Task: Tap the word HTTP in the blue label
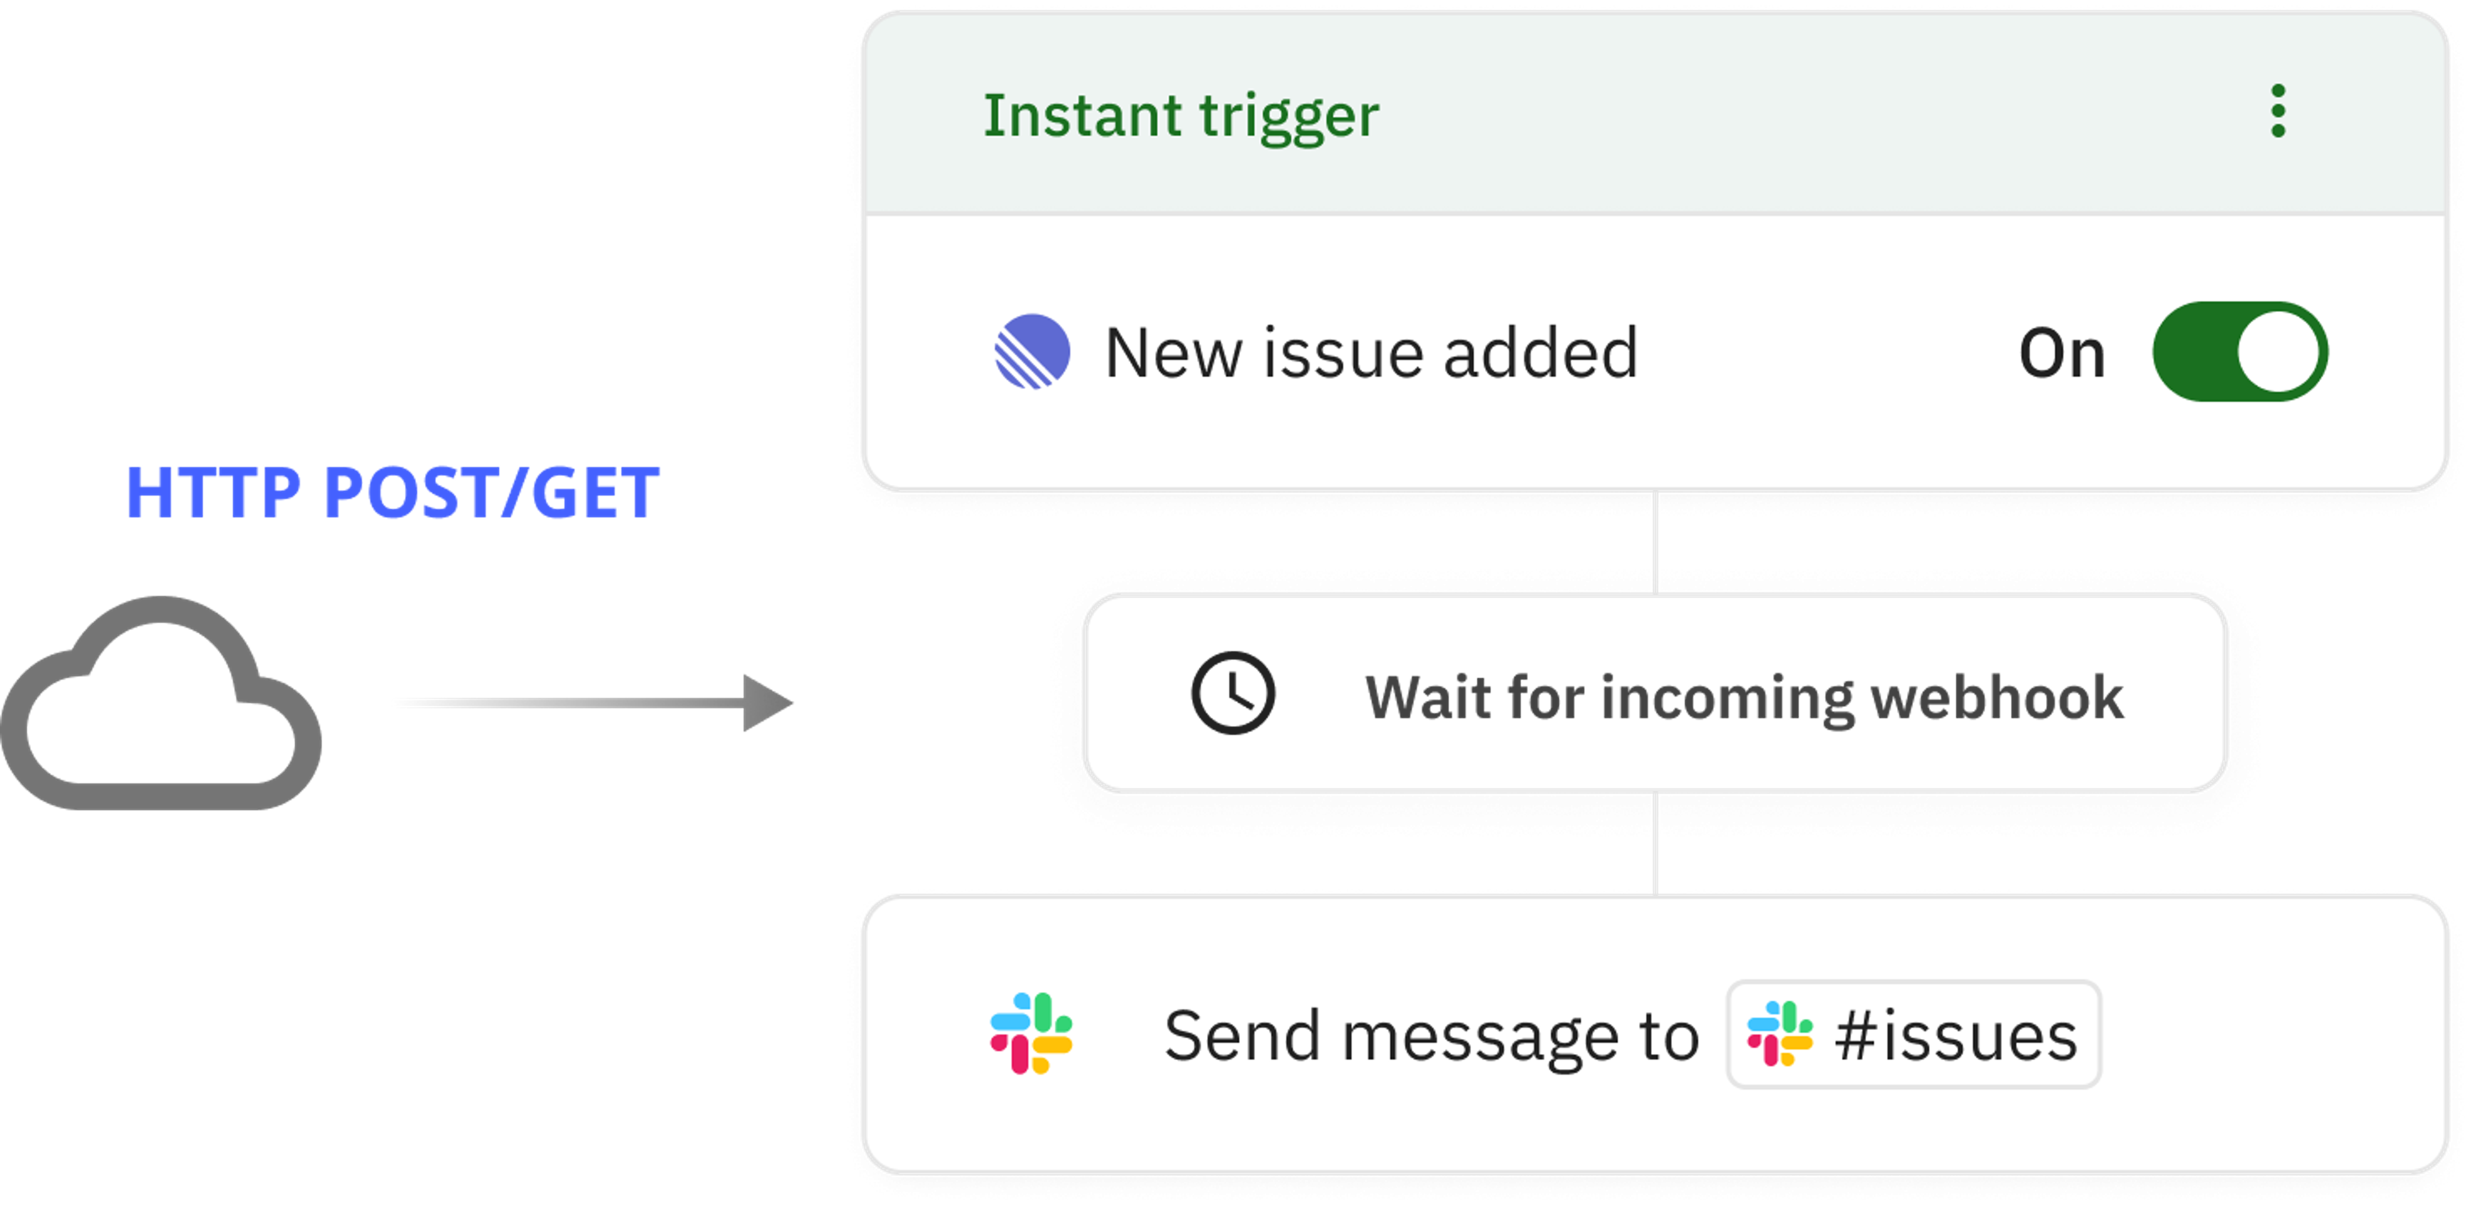(213, 493)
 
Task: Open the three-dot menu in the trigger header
(2278, 111)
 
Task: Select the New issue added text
(1371, 353)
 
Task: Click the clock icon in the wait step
(1233, 693)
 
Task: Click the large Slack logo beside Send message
(1031, 1033)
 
